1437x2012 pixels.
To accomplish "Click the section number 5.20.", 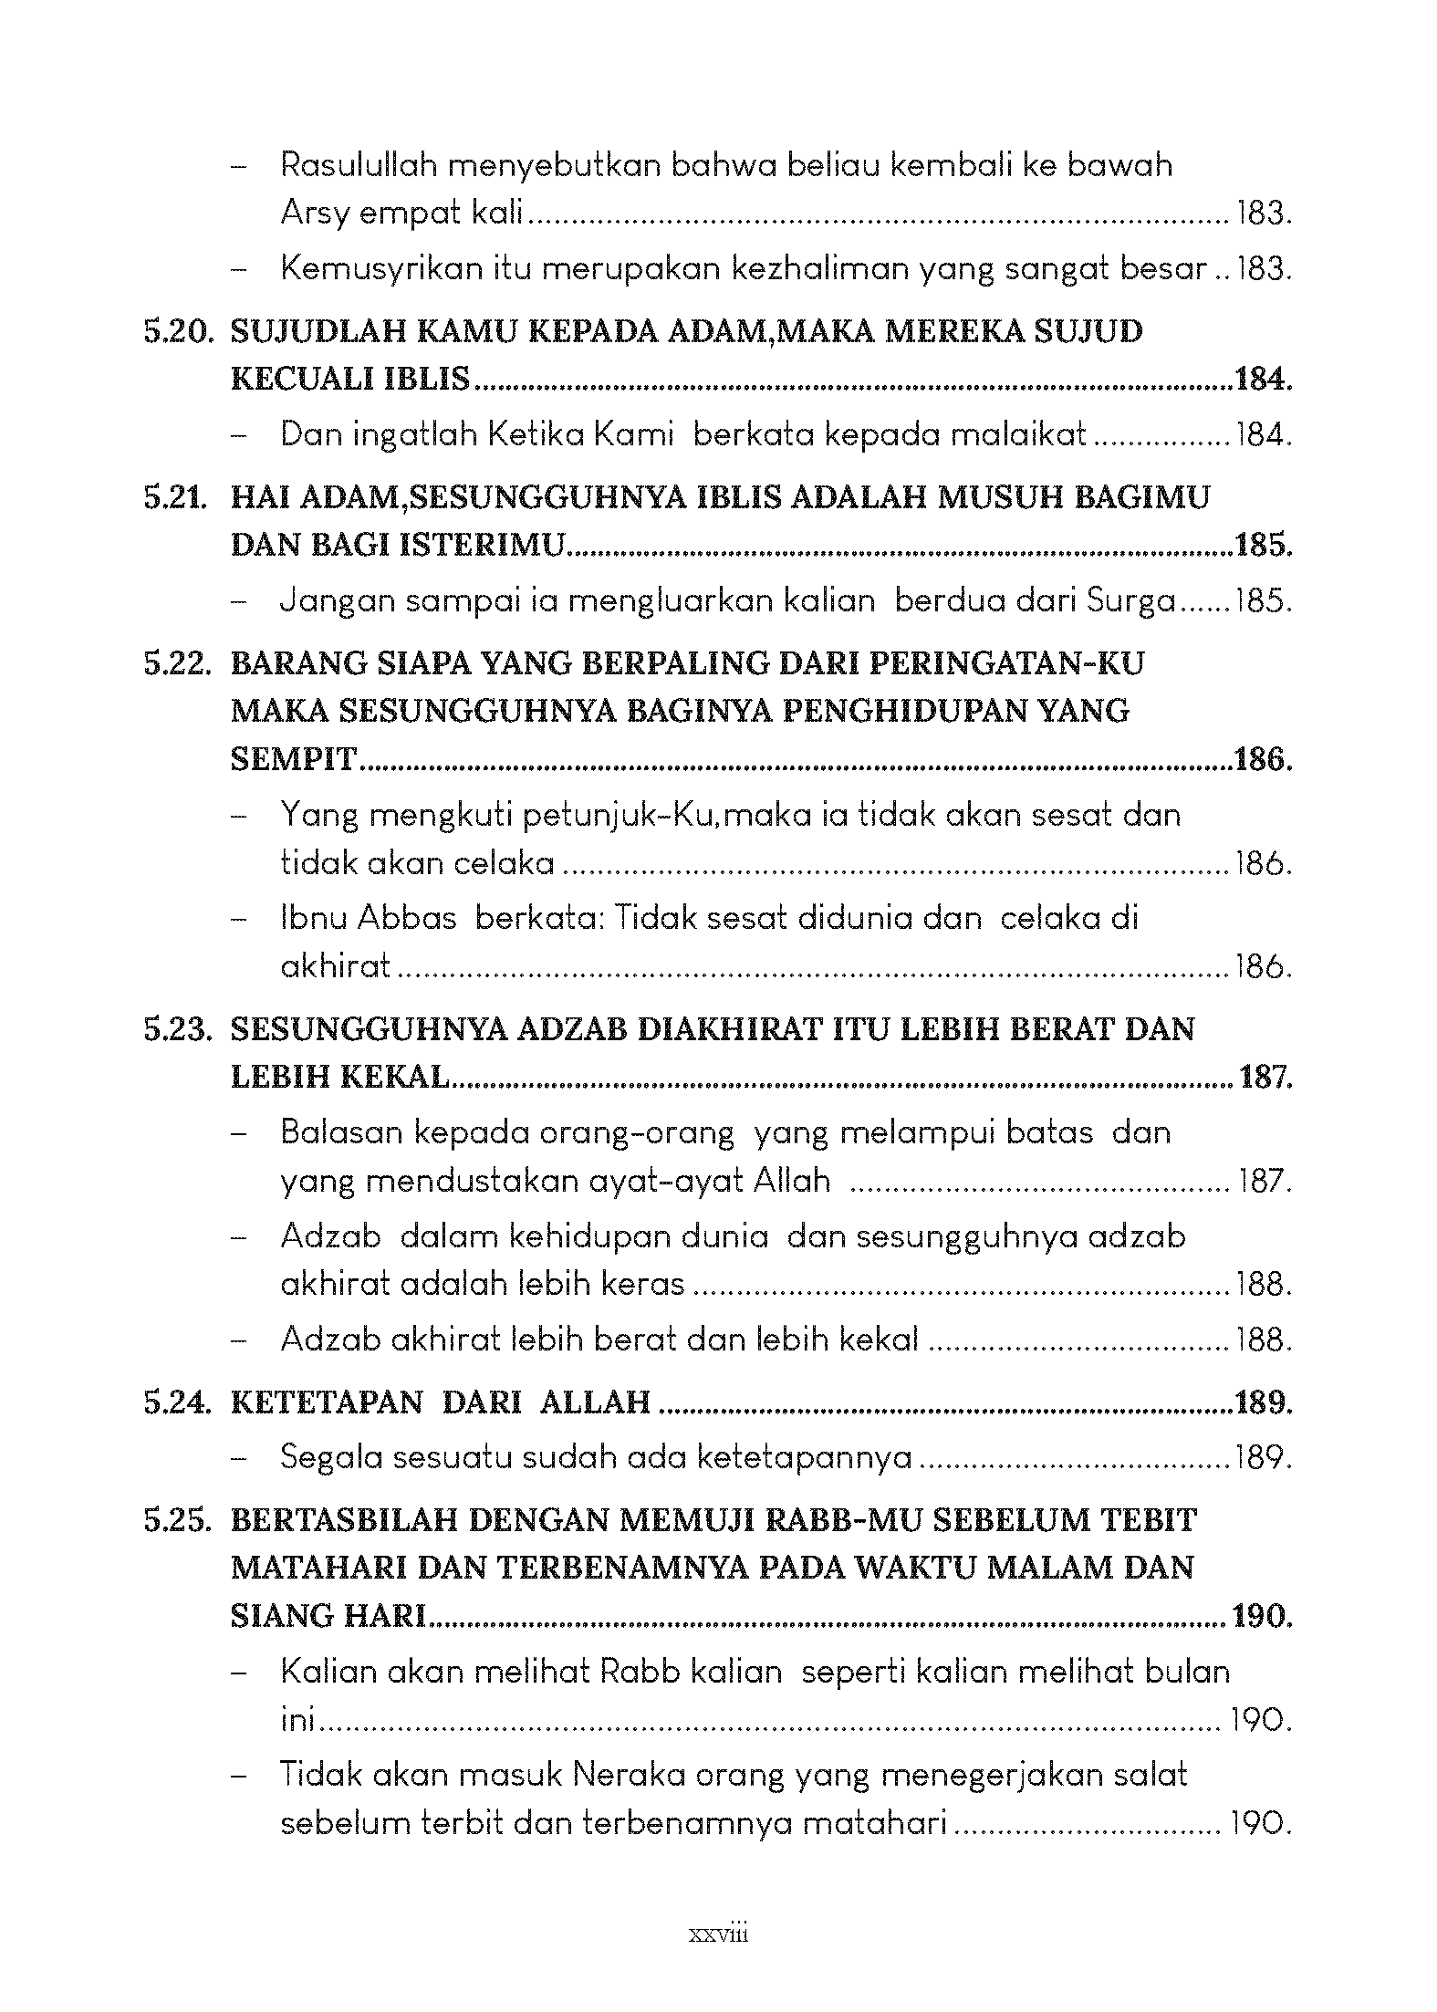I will click(x=176, y=332).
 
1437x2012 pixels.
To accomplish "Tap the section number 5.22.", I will click(x=176, y=664).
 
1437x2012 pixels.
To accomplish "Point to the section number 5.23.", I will click(x=176, y=1030).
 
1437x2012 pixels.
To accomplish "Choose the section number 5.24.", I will click(x=176, y=1402).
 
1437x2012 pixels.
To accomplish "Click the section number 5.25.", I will click(x=176, y=1521).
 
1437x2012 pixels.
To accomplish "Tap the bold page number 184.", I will click(x=1262, y=380).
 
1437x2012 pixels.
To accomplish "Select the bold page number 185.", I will click(x=1262, y=546).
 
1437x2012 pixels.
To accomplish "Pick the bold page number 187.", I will click(x=1265, y=1078).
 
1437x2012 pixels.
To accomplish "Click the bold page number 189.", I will click(x=1262, y=1402).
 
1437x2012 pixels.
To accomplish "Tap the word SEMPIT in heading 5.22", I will click(x=293, y=759).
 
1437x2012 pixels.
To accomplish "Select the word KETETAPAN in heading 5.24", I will click(x=327, y=1402).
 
